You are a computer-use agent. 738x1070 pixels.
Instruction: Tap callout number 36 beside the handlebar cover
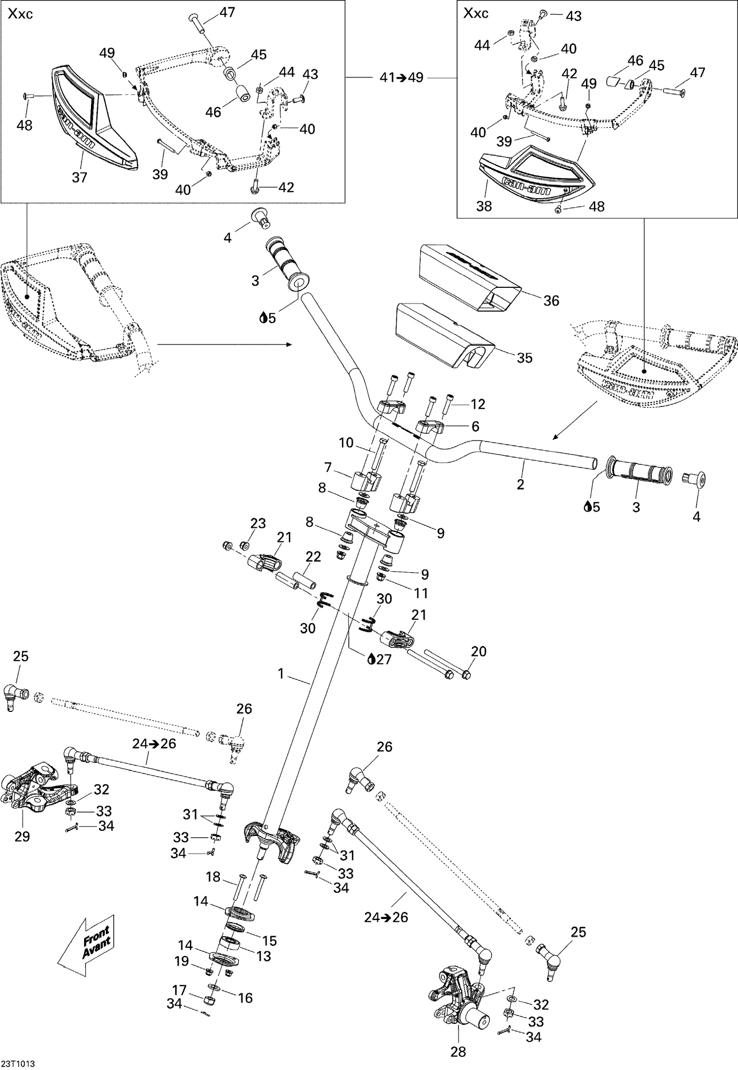551,301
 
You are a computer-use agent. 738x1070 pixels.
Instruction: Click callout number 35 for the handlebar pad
524,358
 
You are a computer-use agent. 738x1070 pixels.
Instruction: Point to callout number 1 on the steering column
281,673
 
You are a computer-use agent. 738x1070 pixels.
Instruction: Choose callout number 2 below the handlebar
521,484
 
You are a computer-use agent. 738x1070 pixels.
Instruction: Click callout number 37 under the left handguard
80,177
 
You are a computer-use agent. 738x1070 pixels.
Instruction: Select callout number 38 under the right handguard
484,206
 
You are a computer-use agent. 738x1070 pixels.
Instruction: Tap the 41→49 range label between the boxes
401,78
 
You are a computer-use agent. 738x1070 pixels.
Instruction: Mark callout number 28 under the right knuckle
458,1051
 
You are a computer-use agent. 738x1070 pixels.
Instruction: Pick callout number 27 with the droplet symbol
379,659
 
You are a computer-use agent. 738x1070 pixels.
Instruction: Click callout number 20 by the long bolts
479,651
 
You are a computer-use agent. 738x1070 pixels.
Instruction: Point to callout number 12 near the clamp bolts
478,404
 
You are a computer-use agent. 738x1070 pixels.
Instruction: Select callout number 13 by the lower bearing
264,955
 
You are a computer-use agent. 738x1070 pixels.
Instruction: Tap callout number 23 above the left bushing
258,523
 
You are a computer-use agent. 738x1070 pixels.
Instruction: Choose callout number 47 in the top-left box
227,12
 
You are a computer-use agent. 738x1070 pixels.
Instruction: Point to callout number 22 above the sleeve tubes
313,556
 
